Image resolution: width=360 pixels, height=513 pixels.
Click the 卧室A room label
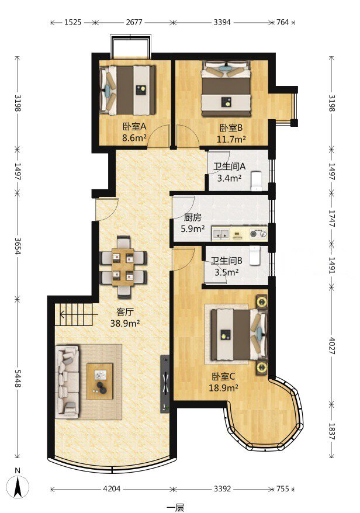tap(134, 126)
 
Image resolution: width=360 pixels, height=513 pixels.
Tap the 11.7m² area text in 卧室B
tap(231, 140)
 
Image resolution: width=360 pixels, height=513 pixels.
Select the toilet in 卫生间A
tap(256, 181)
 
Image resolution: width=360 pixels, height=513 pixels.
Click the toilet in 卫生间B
tap(254, 255)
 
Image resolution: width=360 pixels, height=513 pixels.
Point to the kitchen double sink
tap(220, 234)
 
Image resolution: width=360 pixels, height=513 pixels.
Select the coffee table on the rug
tap(100, 381)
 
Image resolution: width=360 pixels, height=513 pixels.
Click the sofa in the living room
tap(67, 382)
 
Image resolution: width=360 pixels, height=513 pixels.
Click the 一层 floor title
tap(175, 507)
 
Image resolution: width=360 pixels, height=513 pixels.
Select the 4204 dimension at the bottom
tap(112, 489)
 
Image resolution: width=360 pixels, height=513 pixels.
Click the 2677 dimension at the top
tap(134, 22)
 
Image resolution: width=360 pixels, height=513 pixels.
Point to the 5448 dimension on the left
tap(18, 379)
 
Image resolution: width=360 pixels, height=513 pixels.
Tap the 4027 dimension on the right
tap(331, 345)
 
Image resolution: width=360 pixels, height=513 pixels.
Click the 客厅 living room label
tap(125, 311)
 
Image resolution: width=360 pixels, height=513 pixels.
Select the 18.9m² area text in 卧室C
tap(223, 388)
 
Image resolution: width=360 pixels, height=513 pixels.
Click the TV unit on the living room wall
tap(165, 383)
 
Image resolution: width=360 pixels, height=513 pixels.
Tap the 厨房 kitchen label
tap(192, 217)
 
